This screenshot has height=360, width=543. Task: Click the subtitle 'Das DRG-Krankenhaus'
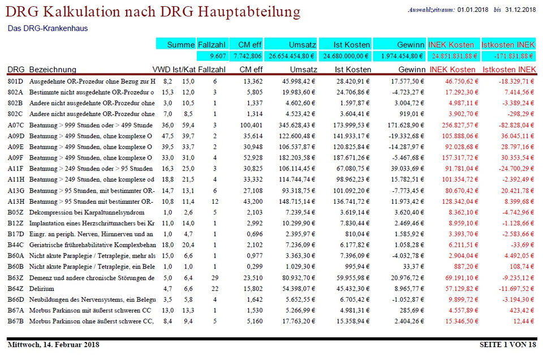48,28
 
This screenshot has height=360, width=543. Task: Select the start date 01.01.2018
473,10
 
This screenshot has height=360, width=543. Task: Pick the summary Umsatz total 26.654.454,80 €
291,56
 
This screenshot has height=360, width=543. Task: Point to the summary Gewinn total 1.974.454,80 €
399,56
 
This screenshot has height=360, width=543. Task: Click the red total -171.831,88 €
508,56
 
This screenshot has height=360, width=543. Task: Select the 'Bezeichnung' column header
53,70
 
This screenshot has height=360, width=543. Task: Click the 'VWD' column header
161,70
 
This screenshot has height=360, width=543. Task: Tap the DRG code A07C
16,125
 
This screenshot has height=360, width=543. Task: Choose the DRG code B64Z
16,289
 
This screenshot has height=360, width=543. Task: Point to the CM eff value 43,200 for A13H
251,201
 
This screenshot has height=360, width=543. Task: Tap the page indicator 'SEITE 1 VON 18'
507,344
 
